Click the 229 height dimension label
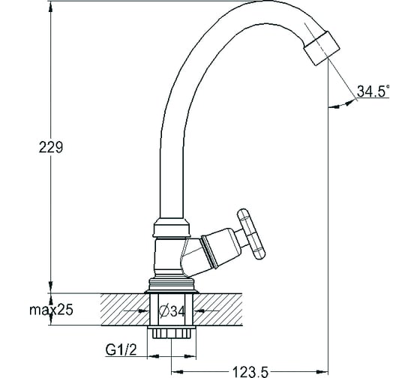(x=51, y=147)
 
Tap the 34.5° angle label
(x=373, y=91)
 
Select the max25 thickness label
(x=51, y=310)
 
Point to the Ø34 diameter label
(x=172, y=311)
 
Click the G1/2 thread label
(x=121, y=349)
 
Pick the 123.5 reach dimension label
(x=250, y=372)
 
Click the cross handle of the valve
(x=251, y=234)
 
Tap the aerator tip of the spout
(x=322, y=48)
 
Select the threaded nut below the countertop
(x=172, y=332)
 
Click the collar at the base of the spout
(x=172, y=228)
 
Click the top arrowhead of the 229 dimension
(x=51, y=7)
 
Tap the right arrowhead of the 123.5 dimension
(x=322, y=372)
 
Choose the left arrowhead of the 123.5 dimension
(x=177, y=372)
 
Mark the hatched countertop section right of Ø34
(x=217, y=310)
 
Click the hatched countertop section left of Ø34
(x=125, y=310)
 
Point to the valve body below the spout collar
(x=169, y=257)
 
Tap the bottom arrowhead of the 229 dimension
(x=51, y=287)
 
